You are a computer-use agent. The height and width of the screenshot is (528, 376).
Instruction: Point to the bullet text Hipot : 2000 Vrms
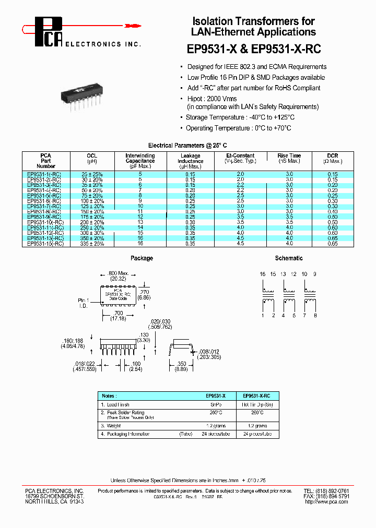click(212, 99)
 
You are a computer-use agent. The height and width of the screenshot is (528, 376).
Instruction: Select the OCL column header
click(91, 155)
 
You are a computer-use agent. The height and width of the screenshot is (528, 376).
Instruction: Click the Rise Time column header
click(289, 155)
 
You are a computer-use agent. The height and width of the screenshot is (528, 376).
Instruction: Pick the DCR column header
click(332, 155)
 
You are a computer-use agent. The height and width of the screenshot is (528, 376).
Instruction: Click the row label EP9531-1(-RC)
click(44, 174)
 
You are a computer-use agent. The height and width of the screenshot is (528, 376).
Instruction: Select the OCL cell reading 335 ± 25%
click(92, 244)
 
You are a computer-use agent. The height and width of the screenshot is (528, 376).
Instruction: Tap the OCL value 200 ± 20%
click(92, 222)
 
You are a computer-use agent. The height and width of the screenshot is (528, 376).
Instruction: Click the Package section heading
click(142, 258)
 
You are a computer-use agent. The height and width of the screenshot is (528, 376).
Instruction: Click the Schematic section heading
click(288, 258)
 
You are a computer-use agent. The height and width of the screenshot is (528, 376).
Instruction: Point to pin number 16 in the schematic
click(263, 274)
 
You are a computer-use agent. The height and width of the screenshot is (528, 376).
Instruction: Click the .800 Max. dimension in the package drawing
click(118, 273)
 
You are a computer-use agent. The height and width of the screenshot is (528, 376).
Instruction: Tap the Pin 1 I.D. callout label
click(84, 302)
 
